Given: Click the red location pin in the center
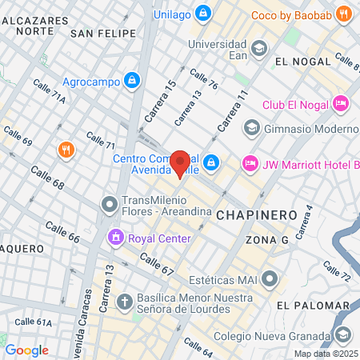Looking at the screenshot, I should [180, 162].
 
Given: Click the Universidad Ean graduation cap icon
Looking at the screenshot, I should [258, 50].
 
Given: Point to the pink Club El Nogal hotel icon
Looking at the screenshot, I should [341, 103].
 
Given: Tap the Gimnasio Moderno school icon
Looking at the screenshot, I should [252, 128].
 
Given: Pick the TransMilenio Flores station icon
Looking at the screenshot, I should [109, 205].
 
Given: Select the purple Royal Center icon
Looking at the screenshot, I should [116, 238].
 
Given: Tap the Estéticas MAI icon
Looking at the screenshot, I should [271, 280].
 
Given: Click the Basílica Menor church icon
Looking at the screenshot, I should [124, 302].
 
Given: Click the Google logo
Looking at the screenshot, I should [26, 350].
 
